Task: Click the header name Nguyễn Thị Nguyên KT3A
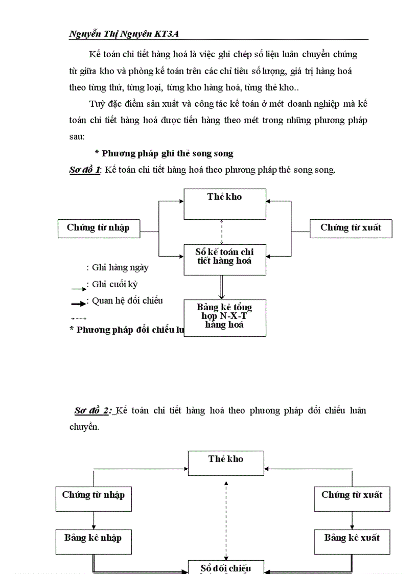127,34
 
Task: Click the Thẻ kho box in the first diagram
225,203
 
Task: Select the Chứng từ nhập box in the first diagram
98,228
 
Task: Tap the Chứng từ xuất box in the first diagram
351,228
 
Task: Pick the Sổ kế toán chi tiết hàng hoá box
225,259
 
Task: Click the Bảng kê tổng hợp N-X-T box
225,317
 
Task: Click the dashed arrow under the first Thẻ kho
222,232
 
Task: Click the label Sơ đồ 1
84,170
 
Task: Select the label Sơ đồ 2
92,410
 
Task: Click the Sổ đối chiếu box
225,567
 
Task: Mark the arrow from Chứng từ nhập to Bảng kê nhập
94,520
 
